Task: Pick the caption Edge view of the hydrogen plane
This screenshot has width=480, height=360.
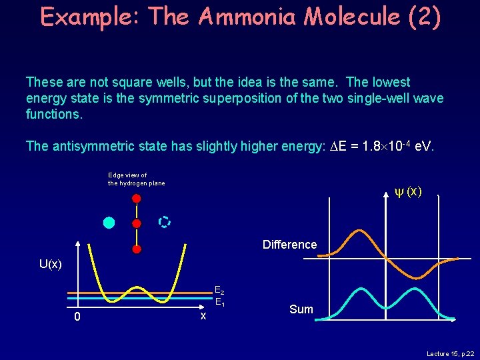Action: click(x=136, y=179)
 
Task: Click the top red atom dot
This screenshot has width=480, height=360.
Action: click(x=136, y=198)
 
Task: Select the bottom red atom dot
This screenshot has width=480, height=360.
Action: click(x=136, y=249)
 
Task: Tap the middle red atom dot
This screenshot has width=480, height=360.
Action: click(x=136, y=223)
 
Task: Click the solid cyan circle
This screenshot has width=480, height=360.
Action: click(x=109, y=223)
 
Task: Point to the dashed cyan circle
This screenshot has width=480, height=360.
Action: click(x=164, y=222)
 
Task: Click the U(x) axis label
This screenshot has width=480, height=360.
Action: click(x=51, y=264)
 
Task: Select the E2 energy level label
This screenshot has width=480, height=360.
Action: click(x=219, y=291)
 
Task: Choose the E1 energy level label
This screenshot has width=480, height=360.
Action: click(x=219, y=304)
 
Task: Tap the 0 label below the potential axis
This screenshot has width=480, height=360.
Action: click(x=77, y=317)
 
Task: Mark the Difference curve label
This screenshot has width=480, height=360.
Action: click(x=289, y=245)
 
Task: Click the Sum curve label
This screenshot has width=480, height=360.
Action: click(x=301, y=309)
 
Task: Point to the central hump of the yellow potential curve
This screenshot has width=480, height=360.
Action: click(x=136, y=289)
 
